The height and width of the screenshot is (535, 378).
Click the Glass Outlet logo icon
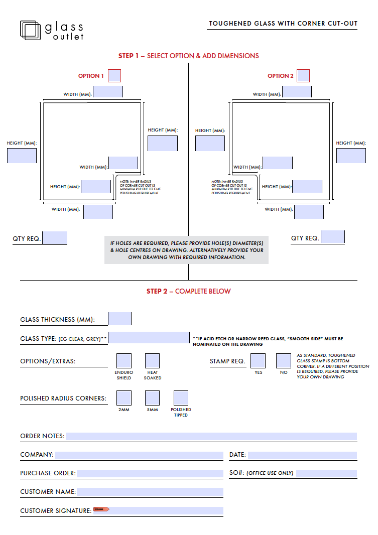pyautogui.click(x=30, y=30)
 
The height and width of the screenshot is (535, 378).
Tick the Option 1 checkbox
pyautogui.click(x=114, y=76)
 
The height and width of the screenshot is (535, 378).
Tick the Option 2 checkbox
pyautogui.click(x=303, y=76)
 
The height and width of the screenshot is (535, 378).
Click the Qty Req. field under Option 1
pyautogui.click(x=55, y=237)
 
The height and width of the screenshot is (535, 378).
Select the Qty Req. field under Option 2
pyautogui.click(x=333, y=237)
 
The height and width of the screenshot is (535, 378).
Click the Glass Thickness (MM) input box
pyautogui.click(x=119, y=319)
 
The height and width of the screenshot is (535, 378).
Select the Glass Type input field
pyautogui.click(x=149, y=338)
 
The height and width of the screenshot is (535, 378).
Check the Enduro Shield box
pyautogui.click(x=124, y=361)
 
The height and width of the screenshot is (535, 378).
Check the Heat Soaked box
pyautogui.click(x=152, y=361)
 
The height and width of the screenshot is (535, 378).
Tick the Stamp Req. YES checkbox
pyautogui.click(x=258, y=361)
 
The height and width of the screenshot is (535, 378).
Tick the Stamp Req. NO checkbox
pyautogui.click(x=284, y=361)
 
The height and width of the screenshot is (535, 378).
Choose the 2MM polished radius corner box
pyautogui.click(x=124, y=398)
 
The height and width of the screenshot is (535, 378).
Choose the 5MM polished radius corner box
pyautogui.click(x=152, y=398)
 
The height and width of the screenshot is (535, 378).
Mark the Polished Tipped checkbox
pyautogui.click(x=181, y=398)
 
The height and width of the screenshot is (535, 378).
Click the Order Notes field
pyautogui.click(x=211, y=436)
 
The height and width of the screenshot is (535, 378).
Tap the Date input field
pyautogui.click(x=302, y=455)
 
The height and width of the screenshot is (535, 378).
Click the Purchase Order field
pyautogui.click(x=150, y=473)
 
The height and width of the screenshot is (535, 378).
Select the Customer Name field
pyautogui.click(x=150, y=492)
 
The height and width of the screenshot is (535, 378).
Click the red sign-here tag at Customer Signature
pyautogui.click(x=101, y=509)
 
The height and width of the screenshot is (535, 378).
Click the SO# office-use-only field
pyautogui.click(x=326, y=473)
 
